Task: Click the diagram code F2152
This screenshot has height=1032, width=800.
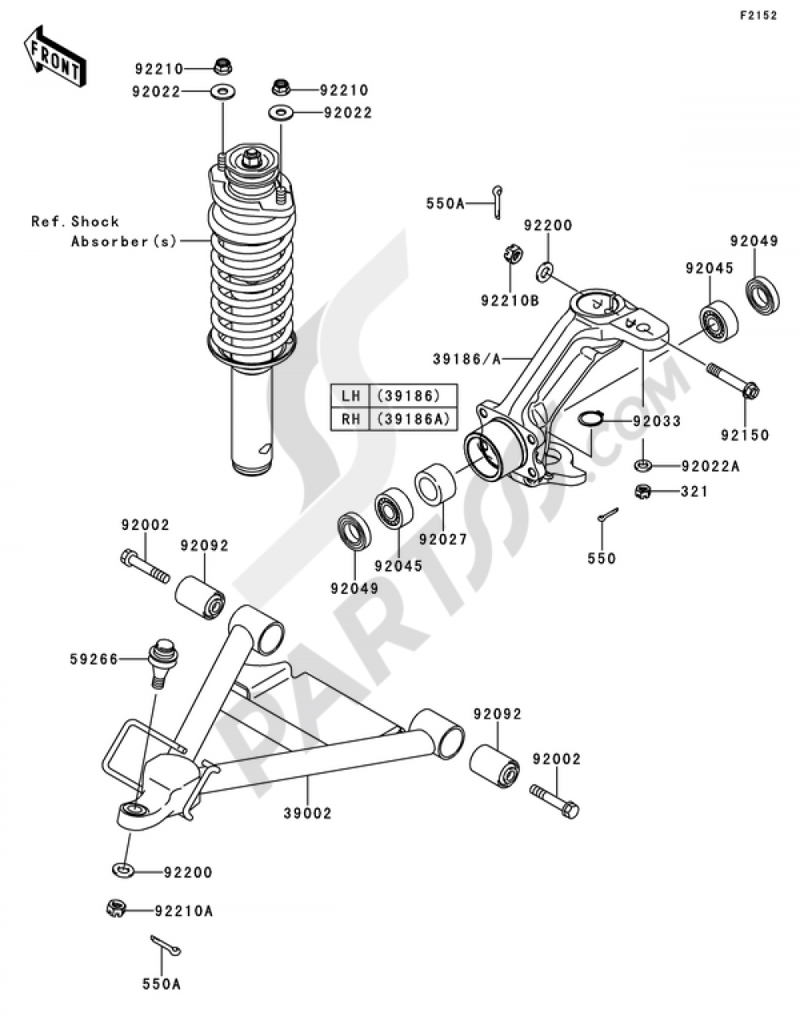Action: [757, 15]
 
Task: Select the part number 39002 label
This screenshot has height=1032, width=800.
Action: [306, 813]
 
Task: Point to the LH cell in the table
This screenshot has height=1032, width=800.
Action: [350, 396]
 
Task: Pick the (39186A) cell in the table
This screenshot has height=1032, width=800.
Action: [414, 418]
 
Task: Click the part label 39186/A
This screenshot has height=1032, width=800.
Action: [467, 360]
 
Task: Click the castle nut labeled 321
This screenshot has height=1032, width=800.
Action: [642, 492]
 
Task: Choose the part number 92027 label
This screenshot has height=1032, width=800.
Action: [442, 540]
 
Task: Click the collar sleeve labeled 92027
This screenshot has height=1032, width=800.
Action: [435, 483]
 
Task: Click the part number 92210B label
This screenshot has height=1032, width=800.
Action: [510, 301]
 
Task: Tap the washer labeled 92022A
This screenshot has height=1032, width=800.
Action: [643, 465]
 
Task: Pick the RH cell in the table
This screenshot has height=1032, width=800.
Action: [350, 418]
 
